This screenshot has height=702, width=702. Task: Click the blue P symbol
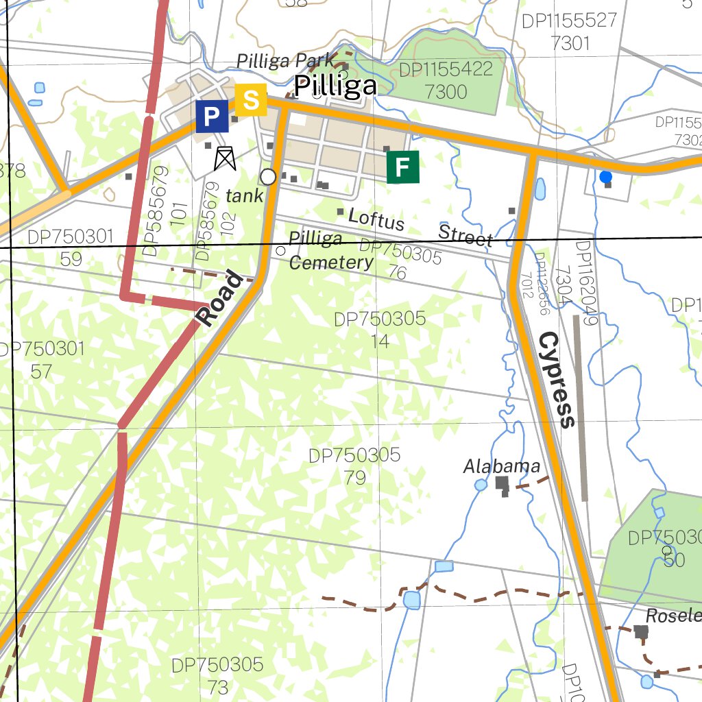212,116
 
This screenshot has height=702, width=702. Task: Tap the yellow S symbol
251,100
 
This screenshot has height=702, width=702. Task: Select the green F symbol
402,167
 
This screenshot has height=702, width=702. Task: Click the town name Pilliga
335,86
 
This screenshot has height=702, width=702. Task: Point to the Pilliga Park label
285,61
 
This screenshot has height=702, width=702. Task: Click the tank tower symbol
224,158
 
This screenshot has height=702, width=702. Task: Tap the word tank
244,196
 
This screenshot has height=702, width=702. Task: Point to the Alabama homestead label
502,467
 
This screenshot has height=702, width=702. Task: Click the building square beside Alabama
502,483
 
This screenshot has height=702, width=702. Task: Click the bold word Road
221,300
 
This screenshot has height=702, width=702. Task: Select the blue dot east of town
605,177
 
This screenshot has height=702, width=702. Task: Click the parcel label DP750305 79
354,466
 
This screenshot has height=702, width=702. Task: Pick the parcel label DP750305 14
380,329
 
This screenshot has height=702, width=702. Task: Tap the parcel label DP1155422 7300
446,80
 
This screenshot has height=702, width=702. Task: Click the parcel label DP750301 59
71,247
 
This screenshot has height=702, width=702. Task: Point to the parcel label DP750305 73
217,675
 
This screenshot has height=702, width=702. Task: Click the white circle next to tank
268,177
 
